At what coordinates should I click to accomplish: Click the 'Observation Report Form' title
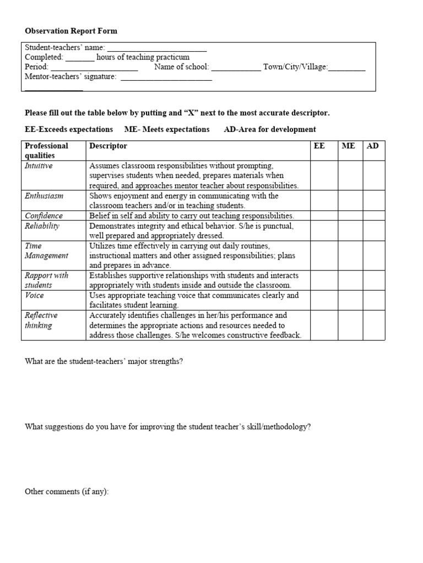tap(71, 31)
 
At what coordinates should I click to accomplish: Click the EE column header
tap(319, 146)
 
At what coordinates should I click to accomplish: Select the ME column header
tap(348, 146)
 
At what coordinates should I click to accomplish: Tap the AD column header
tap(373, 146)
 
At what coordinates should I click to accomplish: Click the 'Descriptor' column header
tap(108, 146)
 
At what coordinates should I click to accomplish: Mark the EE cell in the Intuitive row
tap(324, 175)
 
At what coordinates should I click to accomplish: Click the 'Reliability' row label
tap(42, 226)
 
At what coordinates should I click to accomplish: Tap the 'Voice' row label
tap(34, 295)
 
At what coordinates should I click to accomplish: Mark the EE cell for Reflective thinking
tap(324, 325)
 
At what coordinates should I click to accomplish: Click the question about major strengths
tap(104, 361)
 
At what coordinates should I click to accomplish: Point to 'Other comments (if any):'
tap(67, 492)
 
